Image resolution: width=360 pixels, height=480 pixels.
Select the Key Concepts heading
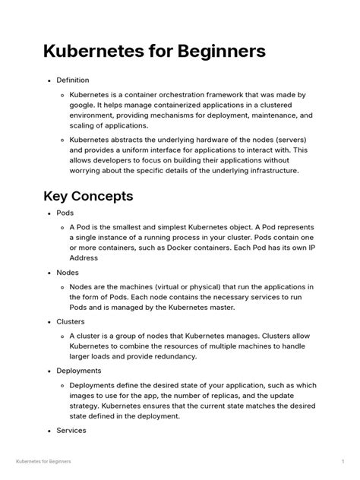tap(90, 196)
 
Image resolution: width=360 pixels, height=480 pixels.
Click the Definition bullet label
tap(73, 80)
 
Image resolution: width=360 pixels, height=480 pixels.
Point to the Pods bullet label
tap(65, 213)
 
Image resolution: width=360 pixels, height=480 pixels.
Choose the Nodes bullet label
tap(68, 272)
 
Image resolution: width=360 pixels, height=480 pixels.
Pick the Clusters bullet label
tap(71, 321)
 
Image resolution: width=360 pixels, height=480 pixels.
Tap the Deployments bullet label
tap(79, 371)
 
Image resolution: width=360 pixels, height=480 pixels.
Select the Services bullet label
tap(71, 430)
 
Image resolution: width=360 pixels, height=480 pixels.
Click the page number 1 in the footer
tap(343, 462)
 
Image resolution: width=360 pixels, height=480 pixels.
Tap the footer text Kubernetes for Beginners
tap(43, 462)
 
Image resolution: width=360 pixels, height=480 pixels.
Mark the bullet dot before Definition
tap(49, 81)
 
